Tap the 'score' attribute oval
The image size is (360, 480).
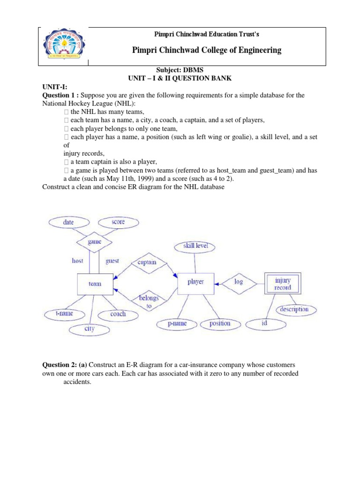point(118,222)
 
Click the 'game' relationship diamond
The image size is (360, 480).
point(95,242)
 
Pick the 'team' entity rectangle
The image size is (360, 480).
point(95,284)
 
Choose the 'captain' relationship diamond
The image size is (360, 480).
point(147,262)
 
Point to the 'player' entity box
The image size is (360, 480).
point(195,282)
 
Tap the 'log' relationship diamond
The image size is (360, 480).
point(239,282)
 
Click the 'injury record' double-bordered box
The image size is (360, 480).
point(283,284)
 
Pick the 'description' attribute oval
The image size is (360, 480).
point(294,309)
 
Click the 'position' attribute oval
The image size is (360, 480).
point(220,323)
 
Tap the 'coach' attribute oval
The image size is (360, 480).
point(118,314)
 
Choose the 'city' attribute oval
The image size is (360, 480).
point(89,329)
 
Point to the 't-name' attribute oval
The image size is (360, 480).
point(64,314)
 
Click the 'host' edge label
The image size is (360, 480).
point(77,261)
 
